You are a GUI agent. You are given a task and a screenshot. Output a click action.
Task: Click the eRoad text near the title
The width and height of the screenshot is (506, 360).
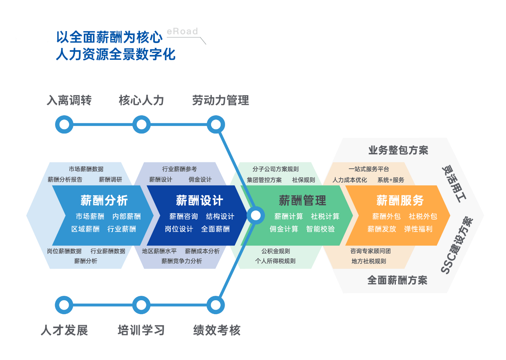(182, 31)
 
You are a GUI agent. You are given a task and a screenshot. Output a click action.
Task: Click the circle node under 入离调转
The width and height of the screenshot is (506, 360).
(64, 125)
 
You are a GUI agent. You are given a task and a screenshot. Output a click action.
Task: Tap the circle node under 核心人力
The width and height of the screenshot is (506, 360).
(141, 125)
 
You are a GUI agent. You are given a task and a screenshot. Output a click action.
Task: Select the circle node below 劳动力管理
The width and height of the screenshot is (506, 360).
(215, 125)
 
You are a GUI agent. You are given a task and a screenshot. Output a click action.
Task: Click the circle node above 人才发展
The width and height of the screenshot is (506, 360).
(64, 305)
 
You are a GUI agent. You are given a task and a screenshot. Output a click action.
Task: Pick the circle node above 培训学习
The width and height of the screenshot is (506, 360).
(141, 305)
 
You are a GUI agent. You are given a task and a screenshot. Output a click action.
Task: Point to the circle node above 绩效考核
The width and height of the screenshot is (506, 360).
(215, 305)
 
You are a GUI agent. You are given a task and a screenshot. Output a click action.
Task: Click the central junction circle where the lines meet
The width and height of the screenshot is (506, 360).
(255, 216)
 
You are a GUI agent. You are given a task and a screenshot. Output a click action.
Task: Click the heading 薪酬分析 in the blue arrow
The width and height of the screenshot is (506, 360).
(104, 200)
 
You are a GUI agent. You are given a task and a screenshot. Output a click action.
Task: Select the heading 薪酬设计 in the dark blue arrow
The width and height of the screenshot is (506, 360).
(200, 200)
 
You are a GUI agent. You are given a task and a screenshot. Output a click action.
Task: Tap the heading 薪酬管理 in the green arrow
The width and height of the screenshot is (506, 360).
(302, 200)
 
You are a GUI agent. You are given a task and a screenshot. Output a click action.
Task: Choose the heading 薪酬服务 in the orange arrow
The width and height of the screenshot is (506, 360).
(400, 200)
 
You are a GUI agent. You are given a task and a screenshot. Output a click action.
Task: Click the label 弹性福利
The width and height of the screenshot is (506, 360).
(418, 229)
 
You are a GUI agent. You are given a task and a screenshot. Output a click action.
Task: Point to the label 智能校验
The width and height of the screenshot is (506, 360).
(320, 229)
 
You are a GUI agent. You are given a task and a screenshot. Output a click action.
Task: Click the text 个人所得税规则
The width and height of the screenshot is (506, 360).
(275, 261)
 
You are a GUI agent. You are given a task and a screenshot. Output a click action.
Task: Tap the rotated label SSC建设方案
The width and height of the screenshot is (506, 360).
(456, 246)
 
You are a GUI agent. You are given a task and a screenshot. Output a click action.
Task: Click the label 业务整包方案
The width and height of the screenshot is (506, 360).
(398, 150)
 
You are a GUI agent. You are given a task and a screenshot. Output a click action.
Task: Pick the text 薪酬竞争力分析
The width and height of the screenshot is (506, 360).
(182, 261)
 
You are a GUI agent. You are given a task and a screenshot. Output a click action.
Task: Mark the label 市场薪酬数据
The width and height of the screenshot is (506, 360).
(86, 169)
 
